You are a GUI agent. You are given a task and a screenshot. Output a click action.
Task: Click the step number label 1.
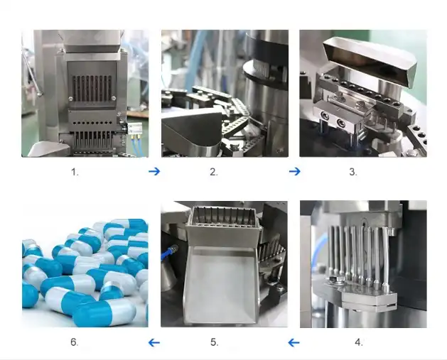[75, 172]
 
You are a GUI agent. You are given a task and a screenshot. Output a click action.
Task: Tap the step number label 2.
[213, 172]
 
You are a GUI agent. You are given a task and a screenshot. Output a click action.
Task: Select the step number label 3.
[353, 172]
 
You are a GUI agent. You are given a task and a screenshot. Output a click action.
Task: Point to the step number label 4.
[359, 342]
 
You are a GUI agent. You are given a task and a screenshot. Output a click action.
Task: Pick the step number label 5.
[214, 342]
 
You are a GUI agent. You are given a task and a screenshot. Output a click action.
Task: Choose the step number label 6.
[74, 342]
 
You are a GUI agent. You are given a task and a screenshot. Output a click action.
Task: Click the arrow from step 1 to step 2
[154, 171]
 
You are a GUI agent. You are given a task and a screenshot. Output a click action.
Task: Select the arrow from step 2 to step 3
[294, 171]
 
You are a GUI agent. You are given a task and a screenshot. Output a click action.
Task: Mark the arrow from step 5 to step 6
[154, 343]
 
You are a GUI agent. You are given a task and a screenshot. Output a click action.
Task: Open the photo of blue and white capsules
[85, 263]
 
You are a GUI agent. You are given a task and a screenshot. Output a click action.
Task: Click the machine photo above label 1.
[85, 93]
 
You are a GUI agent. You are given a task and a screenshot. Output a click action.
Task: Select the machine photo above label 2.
[225, 93]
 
